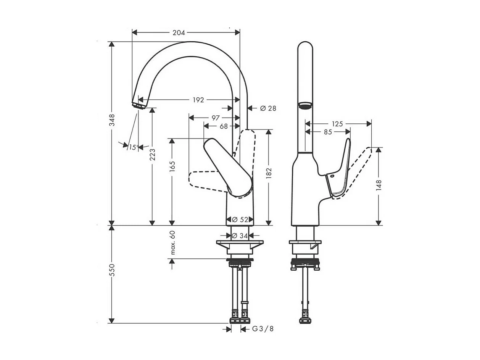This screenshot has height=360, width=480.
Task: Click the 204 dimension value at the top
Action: pos(179,33)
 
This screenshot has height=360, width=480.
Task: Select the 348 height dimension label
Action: pos(112,120)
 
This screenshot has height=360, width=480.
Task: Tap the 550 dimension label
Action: pos(112,270)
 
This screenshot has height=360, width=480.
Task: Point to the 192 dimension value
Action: pos(198,100)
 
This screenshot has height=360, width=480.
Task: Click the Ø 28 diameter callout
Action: pos(268,108)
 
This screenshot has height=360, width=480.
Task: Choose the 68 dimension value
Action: pos(224,126)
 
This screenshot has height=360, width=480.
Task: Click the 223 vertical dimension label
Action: pos(153,154)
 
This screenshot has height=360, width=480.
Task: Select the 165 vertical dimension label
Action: pos(172,167)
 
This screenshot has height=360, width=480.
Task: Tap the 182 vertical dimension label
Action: pos(269,173)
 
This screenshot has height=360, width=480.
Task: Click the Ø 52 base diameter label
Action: pos(240,220)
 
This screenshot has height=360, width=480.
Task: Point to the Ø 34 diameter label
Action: pos(240,236)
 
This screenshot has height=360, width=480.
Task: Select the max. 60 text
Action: pos(172,243)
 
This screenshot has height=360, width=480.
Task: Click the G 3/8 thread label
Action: pos(263,329)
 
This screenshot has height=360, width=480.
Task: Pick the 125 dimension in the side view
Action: pos(337,124)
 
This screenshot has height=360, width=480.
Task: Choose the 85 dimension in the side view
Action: pos(327,132)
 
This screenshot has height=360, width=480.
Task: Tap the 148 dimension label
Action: pos(379,185)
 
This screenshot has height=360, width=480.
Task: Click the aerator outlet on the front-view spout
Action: pos(139,105)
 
